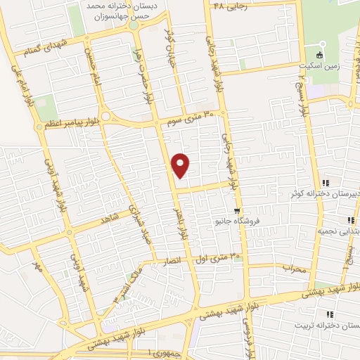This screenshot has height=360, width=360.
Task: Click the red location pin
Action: pyautogui.click(x=181, y=165)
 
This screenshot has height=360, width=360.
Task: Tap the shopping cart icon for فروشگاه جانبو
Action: pyautogui.click(x=238, y=210)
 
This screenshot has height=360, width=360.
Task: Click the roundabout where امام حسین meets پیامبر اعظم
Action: pyautogui.click(x=106, y=117)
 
